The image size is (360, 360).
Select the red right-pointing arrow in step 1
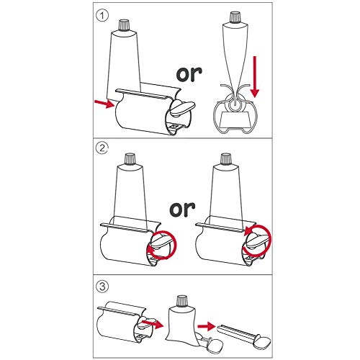pyautogui.click(x=104, y=105)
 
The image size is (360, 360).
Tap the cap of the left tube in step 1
pyautogui.click(x=124, y=27)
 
